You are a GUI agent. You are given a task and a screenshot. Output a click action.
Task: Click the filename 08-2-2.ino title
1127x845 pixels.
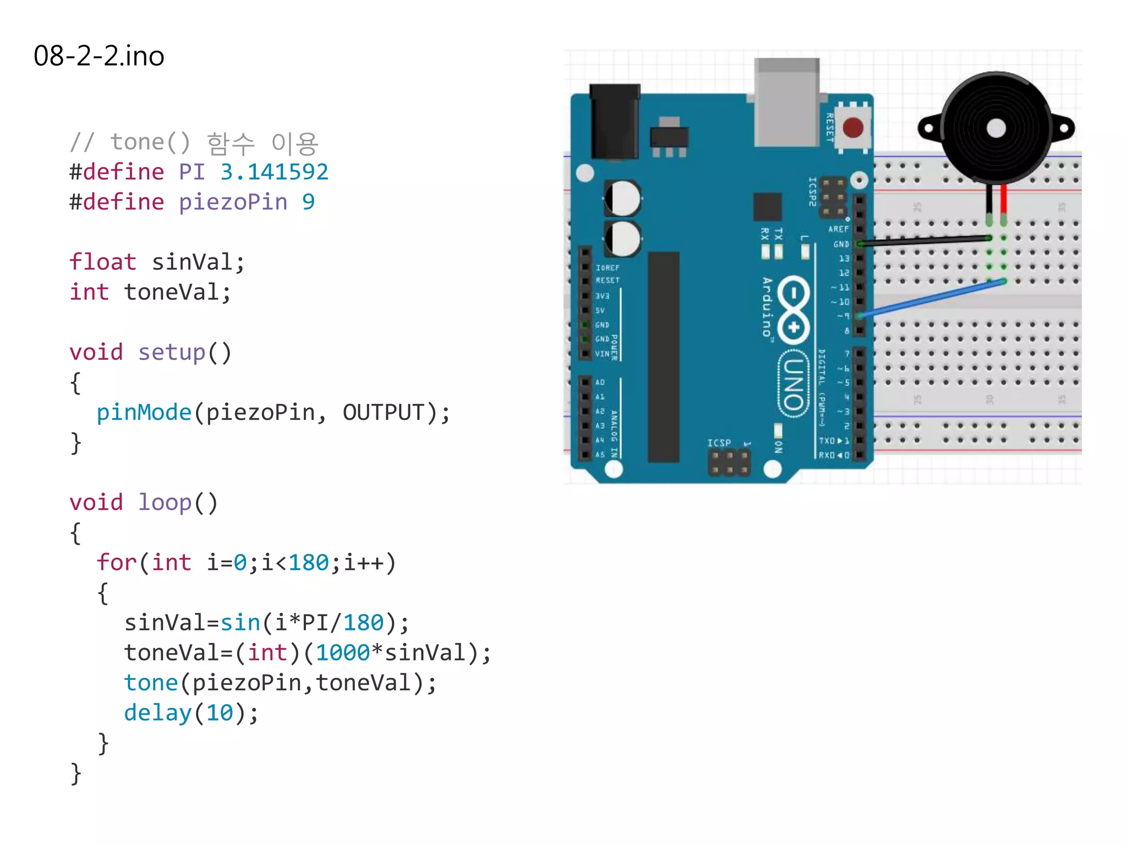click(x=99, y=56)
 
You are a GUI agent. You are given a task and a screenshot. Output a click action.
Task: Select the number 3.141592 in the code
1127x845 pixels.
click(x=274, y=172)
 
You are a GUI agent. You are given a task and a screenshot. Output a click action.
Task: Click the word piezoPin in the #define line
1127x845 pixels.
click(x=233, y=202)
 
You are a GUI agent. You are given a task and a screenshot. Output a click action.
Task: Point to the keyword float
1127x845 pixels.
click(x=102, y=262)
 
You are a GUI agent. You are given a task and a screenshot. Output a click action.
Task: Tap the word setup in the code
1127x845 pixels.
click(x=171, y=353)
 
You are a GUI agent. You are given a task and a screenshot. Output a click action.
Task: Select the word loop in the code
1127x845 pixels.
click(x=164, y=503)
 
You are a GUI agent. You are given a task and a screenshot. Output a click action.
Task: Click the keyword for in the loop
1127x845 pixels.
click(x=116, y=563)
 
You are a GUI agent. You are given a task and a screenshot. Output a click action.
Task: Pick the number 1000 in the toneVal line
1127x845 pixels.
click(x=343, y=653)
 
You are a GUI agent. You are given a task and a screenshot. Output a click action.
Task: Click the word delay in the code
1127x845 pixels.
click(x=157, y=713)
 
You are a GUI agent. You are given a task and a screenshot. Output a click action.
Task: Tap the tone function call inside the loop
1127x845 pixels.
click(x=151, y=683)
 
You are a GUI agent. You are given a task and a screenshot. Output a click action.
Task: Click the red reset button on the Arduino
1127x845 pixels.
click(x=853, y=128)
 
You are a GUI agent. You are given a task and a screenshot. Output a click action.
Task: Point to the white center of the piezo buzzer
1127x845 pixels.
click(x=996, y=129)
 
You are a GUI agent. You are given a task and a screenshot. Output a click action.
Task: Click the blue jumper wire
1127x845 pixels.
click(x=930, y=299)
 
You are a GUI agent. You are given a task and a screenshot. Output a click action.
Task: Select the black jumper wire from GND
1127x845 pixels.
click(x=924, y=240)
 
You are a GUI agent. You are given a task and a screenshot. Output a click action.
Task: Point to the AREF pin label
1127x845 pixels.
click(x=838, y=229)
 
